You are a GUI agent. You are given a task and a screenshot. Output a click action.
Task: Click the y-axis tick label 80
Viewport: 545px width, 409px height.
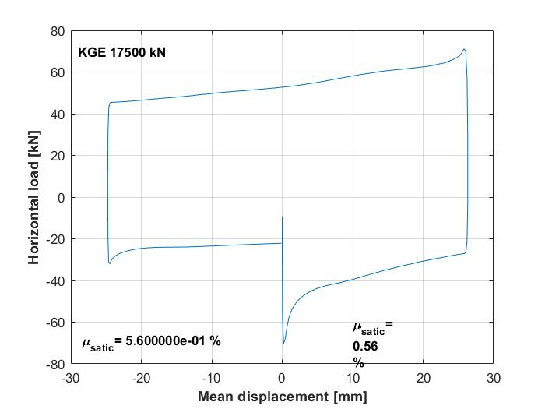pos(57,31)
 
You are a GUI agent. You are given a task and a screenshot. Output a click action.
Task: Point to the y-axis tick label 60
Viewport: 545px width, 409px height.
pos(57,72)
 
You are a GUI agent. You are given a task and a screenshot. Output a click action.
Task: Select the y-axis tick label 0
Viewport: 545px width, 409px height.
pos(60,197)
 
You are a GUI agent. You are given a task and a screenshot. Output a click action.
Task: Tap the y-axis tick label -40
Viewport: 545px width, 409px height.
pos(54,280)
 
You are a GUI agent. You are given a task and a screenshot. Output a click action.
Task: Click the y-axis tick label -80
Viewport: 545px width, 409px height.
pos(54,364)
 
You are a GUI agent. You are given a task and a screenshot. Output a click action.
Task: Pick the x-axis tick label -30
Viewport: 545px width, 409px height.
pos(71,378)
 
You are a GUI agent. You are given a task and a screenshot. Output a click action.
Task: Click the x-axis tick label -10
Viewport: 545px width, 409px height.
pos(211,378)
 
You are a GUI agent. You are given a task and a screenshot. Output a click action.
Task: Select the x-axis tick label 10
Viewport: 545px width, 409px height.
pos(353,378)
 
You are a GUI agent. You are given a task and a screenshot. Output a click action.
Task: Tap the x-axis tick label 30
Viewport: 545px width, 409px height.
pos(493,378)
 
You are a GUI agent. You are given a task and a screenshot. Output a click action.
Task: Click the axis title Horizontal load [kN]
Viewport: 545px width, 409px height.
pos(34,197)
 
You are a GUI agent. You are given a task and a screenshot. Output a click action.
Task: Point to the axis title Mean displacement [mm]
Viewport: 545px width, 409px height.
pos(282,397)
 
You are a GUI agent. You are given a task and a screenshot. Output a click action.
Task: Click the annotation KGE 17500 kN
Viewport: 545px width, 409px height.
pos(121,53)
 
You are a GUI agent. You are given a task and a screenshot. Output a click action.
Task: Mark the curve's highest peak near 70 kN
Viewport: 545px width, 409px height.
pos(464,50)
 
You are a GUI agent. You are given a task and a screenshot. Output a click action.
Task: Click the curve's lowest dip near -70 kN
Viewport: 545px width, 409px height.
pos(284,343)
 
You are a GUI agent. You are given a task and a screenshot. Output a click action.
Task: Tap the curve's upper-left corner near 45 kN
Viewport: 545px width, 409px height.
pos(110,103)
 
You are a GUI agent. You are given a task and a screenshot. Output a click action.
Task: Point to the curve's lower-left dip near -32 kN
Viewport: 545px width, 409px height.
pos(110,263)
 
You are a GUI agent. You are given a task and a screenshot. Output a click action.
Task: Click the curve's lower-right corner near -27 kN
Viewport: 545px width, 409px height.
pos(466,252)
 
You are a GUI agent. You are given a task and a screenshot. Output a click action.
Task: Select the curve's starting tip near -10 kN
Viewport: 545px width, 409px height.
pos(282,217)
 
